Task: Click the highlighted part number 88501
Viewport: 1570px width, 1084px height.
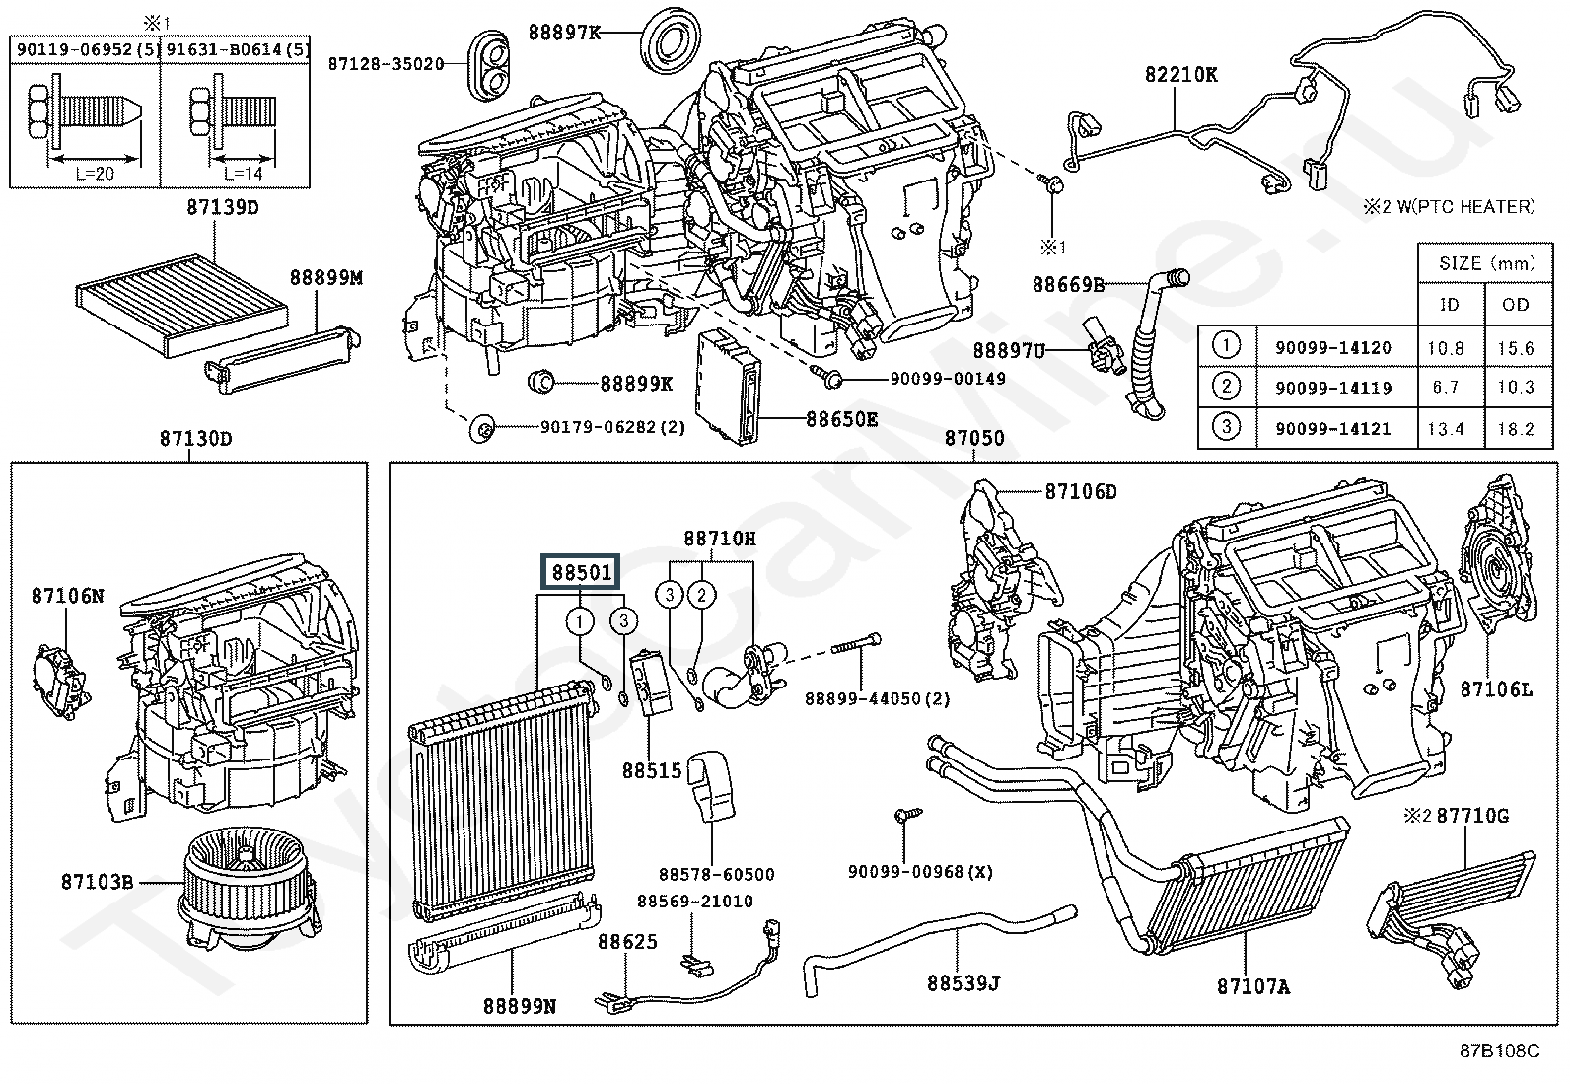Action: [x=581, y=572]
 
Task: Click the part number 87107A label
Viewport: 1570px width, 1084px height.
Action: [x=1253, y=986]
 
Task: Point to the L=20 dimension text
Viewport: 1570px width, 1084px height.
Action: [x=96, y=174]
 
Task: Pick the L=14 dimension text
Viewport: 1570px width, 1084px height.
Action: [x=244, y=174]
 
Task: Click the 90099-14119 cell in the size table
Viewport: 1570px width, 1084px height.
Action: [x=1333, y=388]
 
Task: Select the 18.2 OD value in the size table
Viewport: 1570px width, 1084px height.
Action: [x=1516, y=428]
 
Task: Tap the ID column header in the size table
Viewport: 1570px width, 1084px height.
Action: [x=1450, y=305]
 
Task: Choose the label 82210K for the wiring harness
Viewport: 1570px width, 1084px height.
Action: [x=1181, y=74]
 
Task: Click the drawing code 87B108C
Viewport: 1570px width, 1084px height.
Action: [x=1500, y=1050]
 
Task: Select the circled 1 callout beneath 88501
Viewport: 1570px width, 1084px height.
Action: [x=580, y=621]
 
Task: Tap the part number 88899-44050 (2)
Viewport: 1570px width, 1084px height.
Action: [x=877, y=699]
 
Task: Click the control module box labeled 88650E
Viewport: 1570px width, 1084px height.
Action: [x=727, y=387]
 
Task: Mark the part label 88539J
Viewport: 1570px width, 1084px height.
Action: [x=963, y=983]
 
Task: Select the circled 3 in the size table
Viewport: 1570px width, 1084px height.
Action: [x=1226, y=426]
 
